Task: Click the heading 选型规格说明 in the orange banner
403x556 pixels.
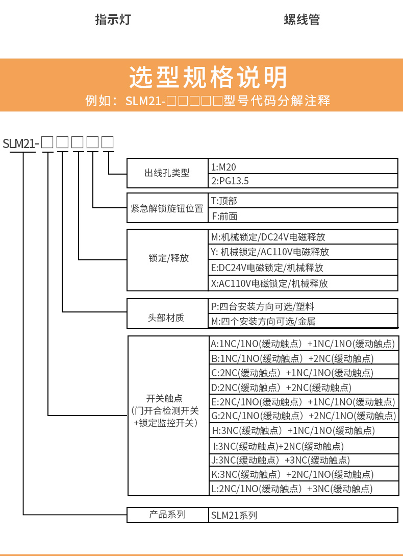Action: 208,78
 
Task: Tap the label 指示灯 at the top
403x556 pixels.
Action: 113,20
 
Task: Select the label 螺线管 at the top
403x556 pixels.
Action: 301,20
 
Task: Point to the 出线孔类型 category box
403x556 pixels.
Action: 167,173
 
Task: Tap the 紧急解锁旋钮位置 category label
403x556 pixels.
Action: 167,208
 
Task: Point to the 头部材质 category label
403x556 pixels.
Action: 167,318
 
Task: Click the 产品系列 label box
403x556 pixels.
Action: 167,515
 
